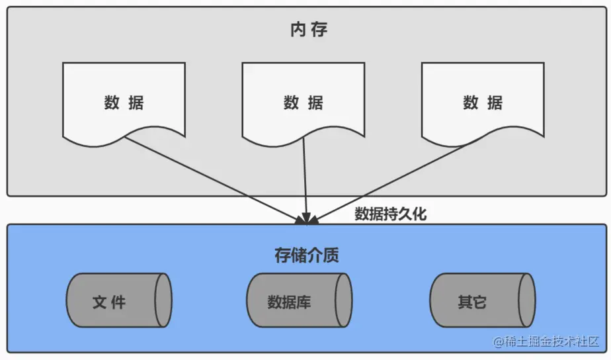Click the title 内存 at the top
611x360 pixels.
click(x=308, y=30)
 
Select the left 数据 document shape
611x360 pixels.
click(x=124, y=103)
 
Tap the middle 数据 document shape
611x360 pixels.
click(x=303, y=103)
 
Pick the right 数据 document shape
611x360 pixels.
click(x=483, y=103)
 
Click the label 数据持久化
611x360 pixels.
click(x=391, y=214)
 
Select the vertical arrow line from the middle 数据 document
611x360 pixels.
click(x=304, y=175)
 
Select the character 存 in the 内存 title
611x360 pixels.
click(x=318, y=30)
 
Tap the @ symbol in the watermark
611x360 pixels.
click(x=497, y=343)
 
